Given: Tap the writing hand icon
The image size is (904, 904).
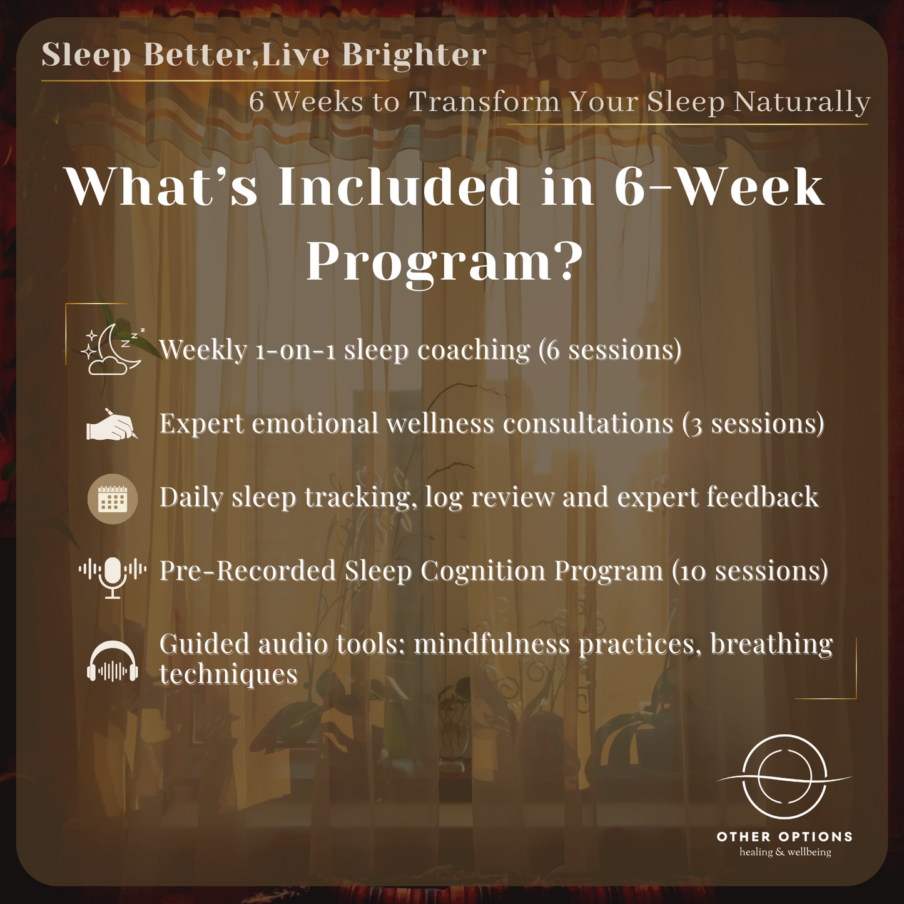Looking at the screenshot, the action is pyautogui.click(x=112, y=424).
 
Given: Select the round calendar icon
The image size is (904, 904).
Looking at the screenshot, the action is pyautogui.click(x=113, y=499).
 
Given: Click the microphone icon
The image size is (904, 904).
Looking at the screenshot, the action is pyautogui.click(x=113, y=577).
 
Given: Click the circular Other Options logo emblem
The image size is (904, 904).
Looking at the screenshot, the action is pyautogui.click(x=785, y=777).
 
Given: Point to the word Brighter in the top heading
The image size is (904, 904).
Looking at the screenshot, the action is pyautogui.click(x=414, y=55).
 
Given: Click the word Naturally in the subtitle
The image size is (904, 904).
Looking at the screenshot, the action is pyautogui.click(x=802, y=102).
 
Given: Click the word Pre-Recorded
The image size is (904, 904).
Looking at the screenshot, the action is pyautogui.click(x=248, y=571).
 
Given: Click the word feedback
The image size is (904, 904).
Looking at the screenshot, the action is pyautogui.click(x=763, y=497).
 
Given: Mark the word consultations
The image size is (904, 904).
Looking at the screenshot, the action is pyautogui.click(x=588, y=424).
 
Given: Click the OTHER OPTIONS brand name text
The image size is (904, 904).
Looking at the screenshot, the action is pyautogui.click(x=785, y=836).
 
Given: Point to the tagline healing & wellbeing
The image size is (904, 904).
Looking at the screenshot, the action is pyautogui.click(x=785, y=851).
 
